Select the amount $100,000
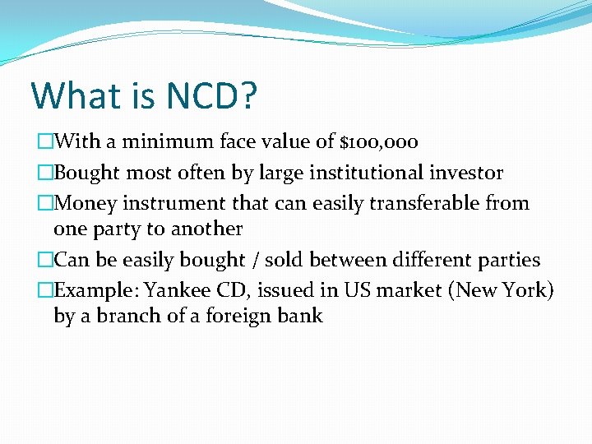click(x=379, y=142)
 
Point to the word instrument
click(x=173, y=202)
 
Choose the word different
click(x=423, y=261)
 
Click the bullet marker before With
click(x=45, y=142)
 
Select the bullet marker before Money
click(x=45, y=202)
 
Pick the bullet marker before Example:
click(x=45, y=290)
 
